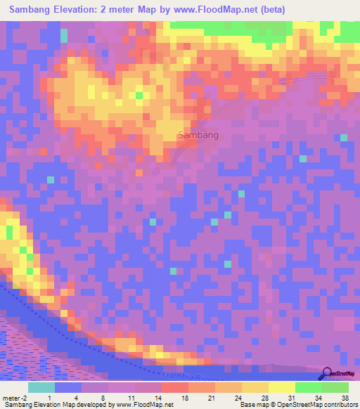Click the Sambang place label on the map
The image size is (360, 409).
pos(198,135)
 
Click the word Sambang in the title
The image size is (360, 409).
pos(37,11)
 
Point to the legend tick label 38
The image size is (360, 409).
pos(345,396)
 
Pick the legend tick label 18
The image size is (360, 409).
pos(184,396)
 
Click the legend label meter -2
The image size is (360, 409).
pos(14,396)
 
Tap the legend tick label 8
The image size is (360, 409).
pos(103,396)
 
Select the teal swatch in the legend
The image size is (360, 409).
pos(41,387)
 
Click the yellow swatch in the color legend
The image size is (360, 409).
pos(281,387)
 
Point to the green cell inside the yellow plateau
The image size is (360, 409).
pos(139,95)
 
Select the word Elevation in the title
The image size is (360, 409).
pos(86,11)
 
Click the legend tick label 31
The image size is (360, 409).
pos(290,396)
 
